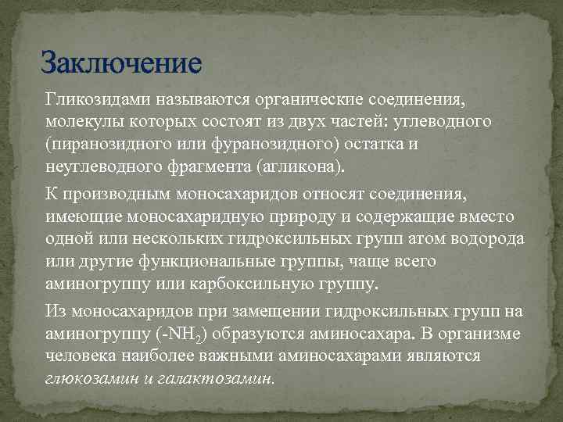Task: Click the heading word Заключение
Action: point(120,60)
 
